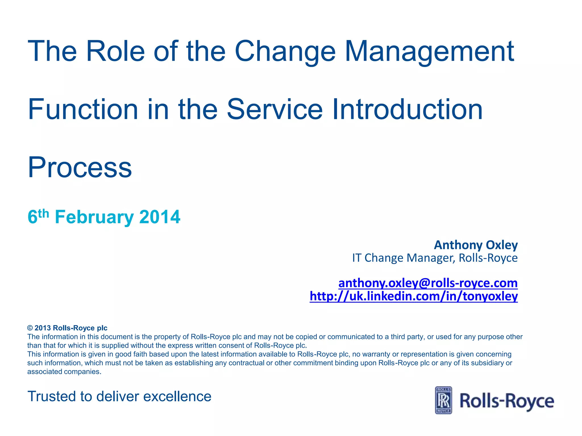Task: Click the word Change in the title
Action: [x=285, y=52]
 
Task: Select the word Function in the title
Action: [x=83, y=110]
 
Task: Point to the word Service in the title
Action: [x=275, y=110]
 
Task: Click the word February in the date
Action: [x=94, y=217]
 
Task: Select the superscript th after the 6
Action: [x=43, y=213]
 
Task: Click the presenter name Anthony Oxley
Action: [x=476, y=245]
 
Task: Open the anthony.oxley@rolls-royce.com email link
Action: [x=428, y=283]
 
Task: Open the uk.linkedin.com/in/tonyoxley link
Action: [x=414, y=296]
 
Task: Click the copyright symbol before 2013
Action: [x=30, y=328]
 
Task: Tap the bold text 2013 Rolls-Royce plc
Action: [x=71, y=328]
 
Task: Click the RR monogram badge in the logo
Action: [x=443, y=400]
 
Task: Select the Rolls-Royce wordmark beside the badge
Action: [x=507, y=401]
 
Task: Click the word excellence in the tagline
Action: [x=177, y=397]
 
